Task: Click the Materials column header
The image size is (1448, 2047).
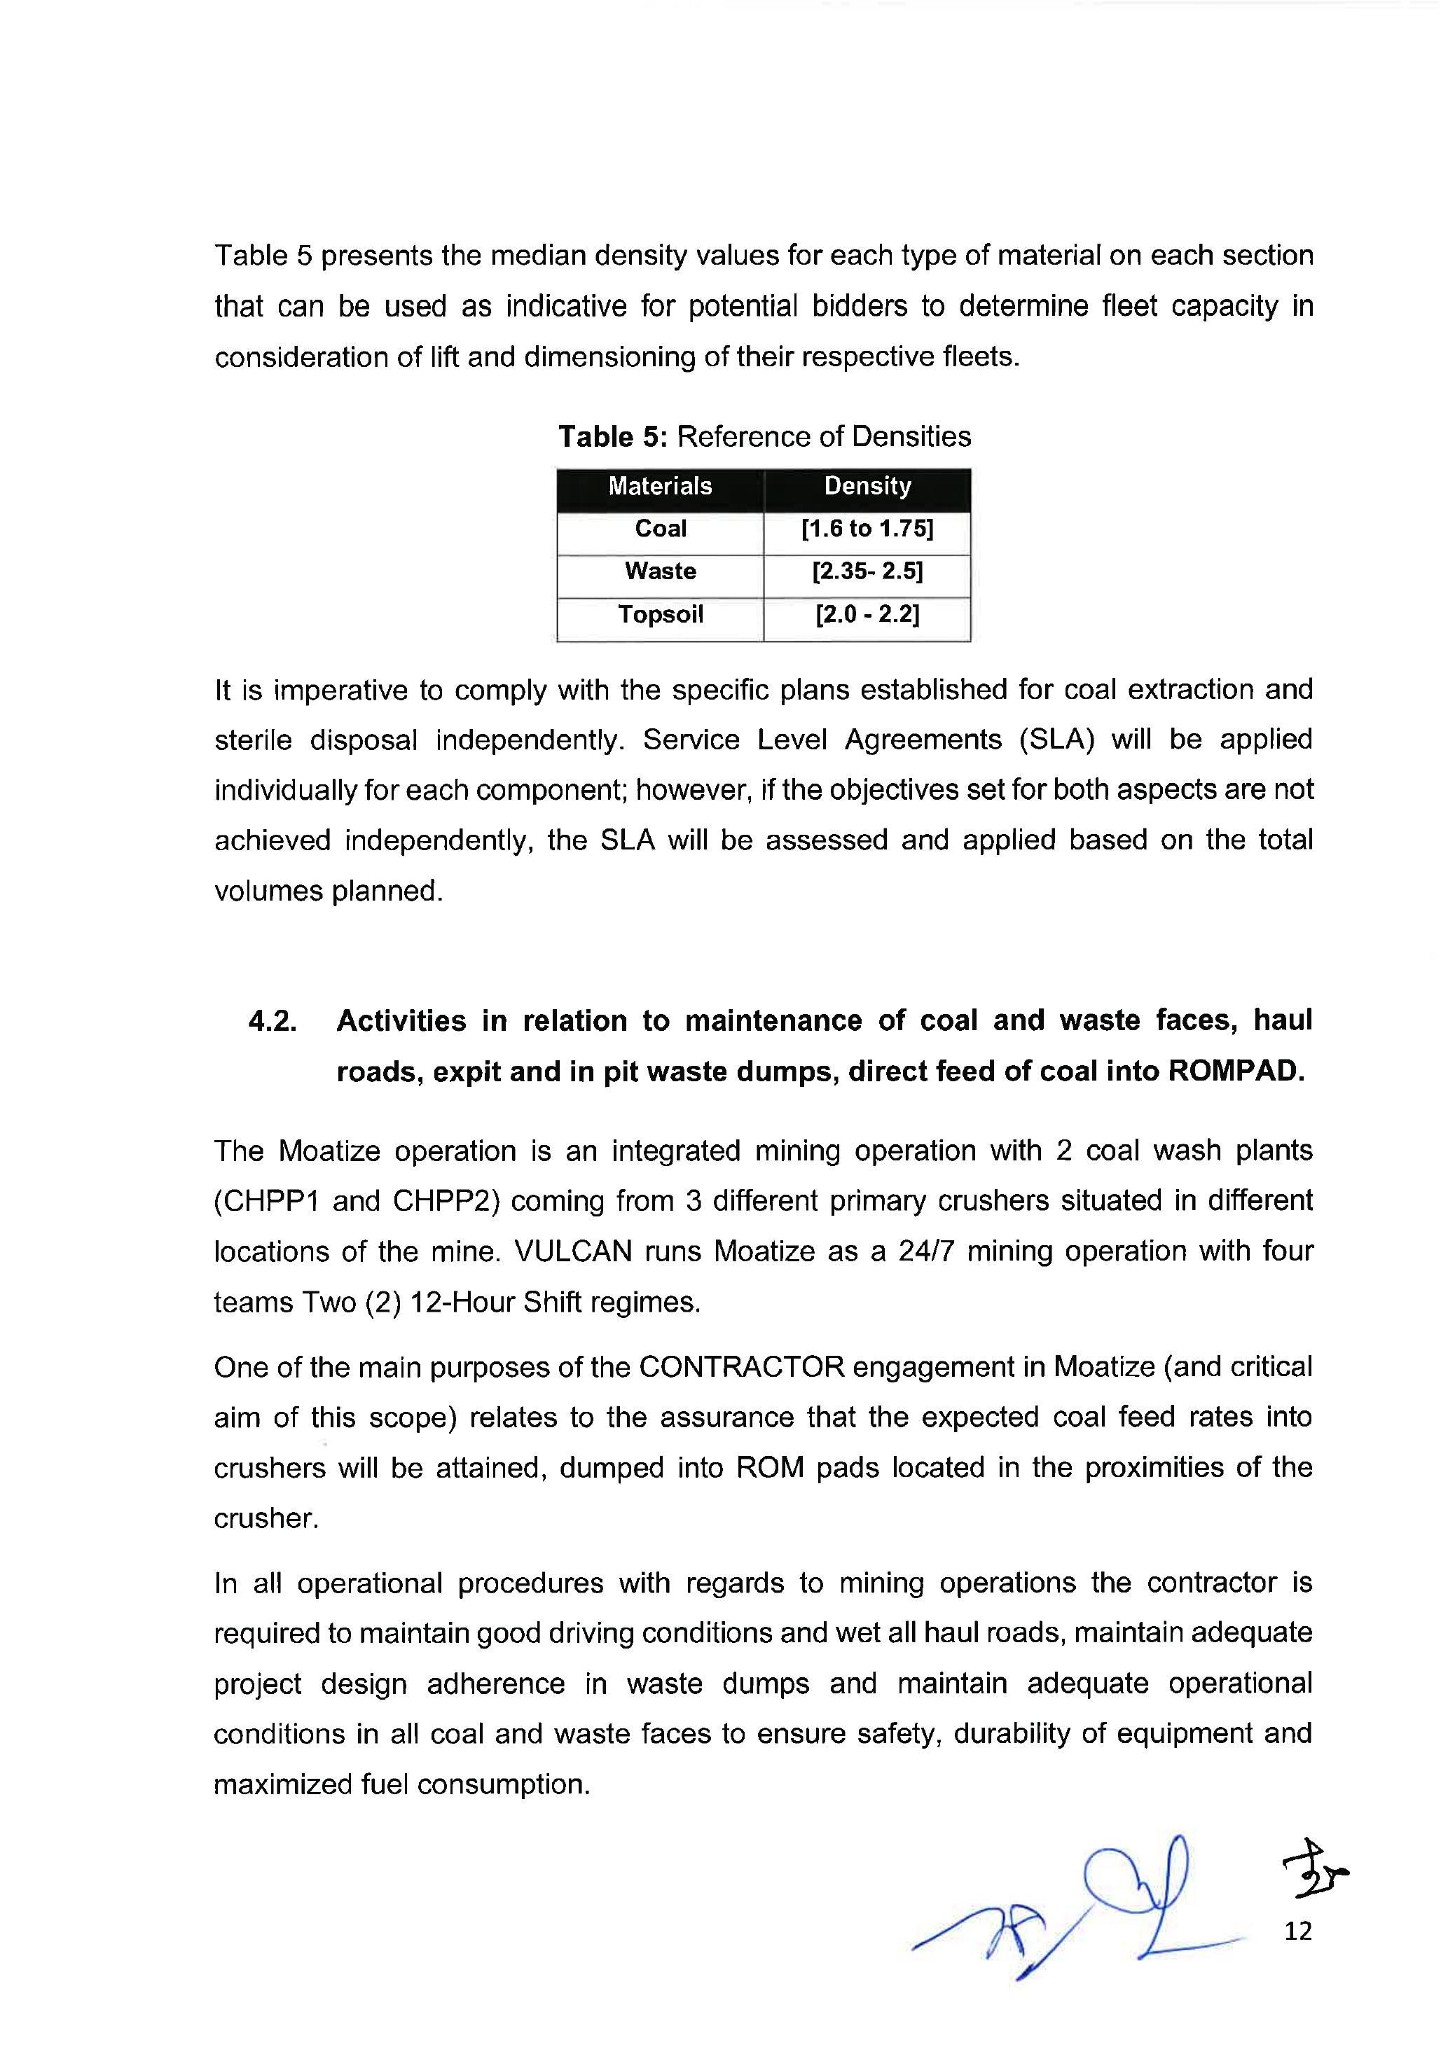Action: point(660,486)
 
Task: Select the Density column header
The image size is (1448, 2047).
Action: point(867,486)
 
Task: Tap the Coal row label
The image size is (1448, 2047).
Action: point(660,529)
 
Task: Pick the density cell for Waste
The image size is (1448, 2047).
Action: point(867,571)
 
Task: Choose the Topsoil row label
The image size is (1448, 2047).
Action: point(660,614)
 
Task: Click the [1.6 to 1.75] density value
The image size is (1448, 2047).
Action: point(867,529)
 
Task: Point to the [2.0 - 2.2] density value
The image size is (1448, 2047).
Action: point(867,614)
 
